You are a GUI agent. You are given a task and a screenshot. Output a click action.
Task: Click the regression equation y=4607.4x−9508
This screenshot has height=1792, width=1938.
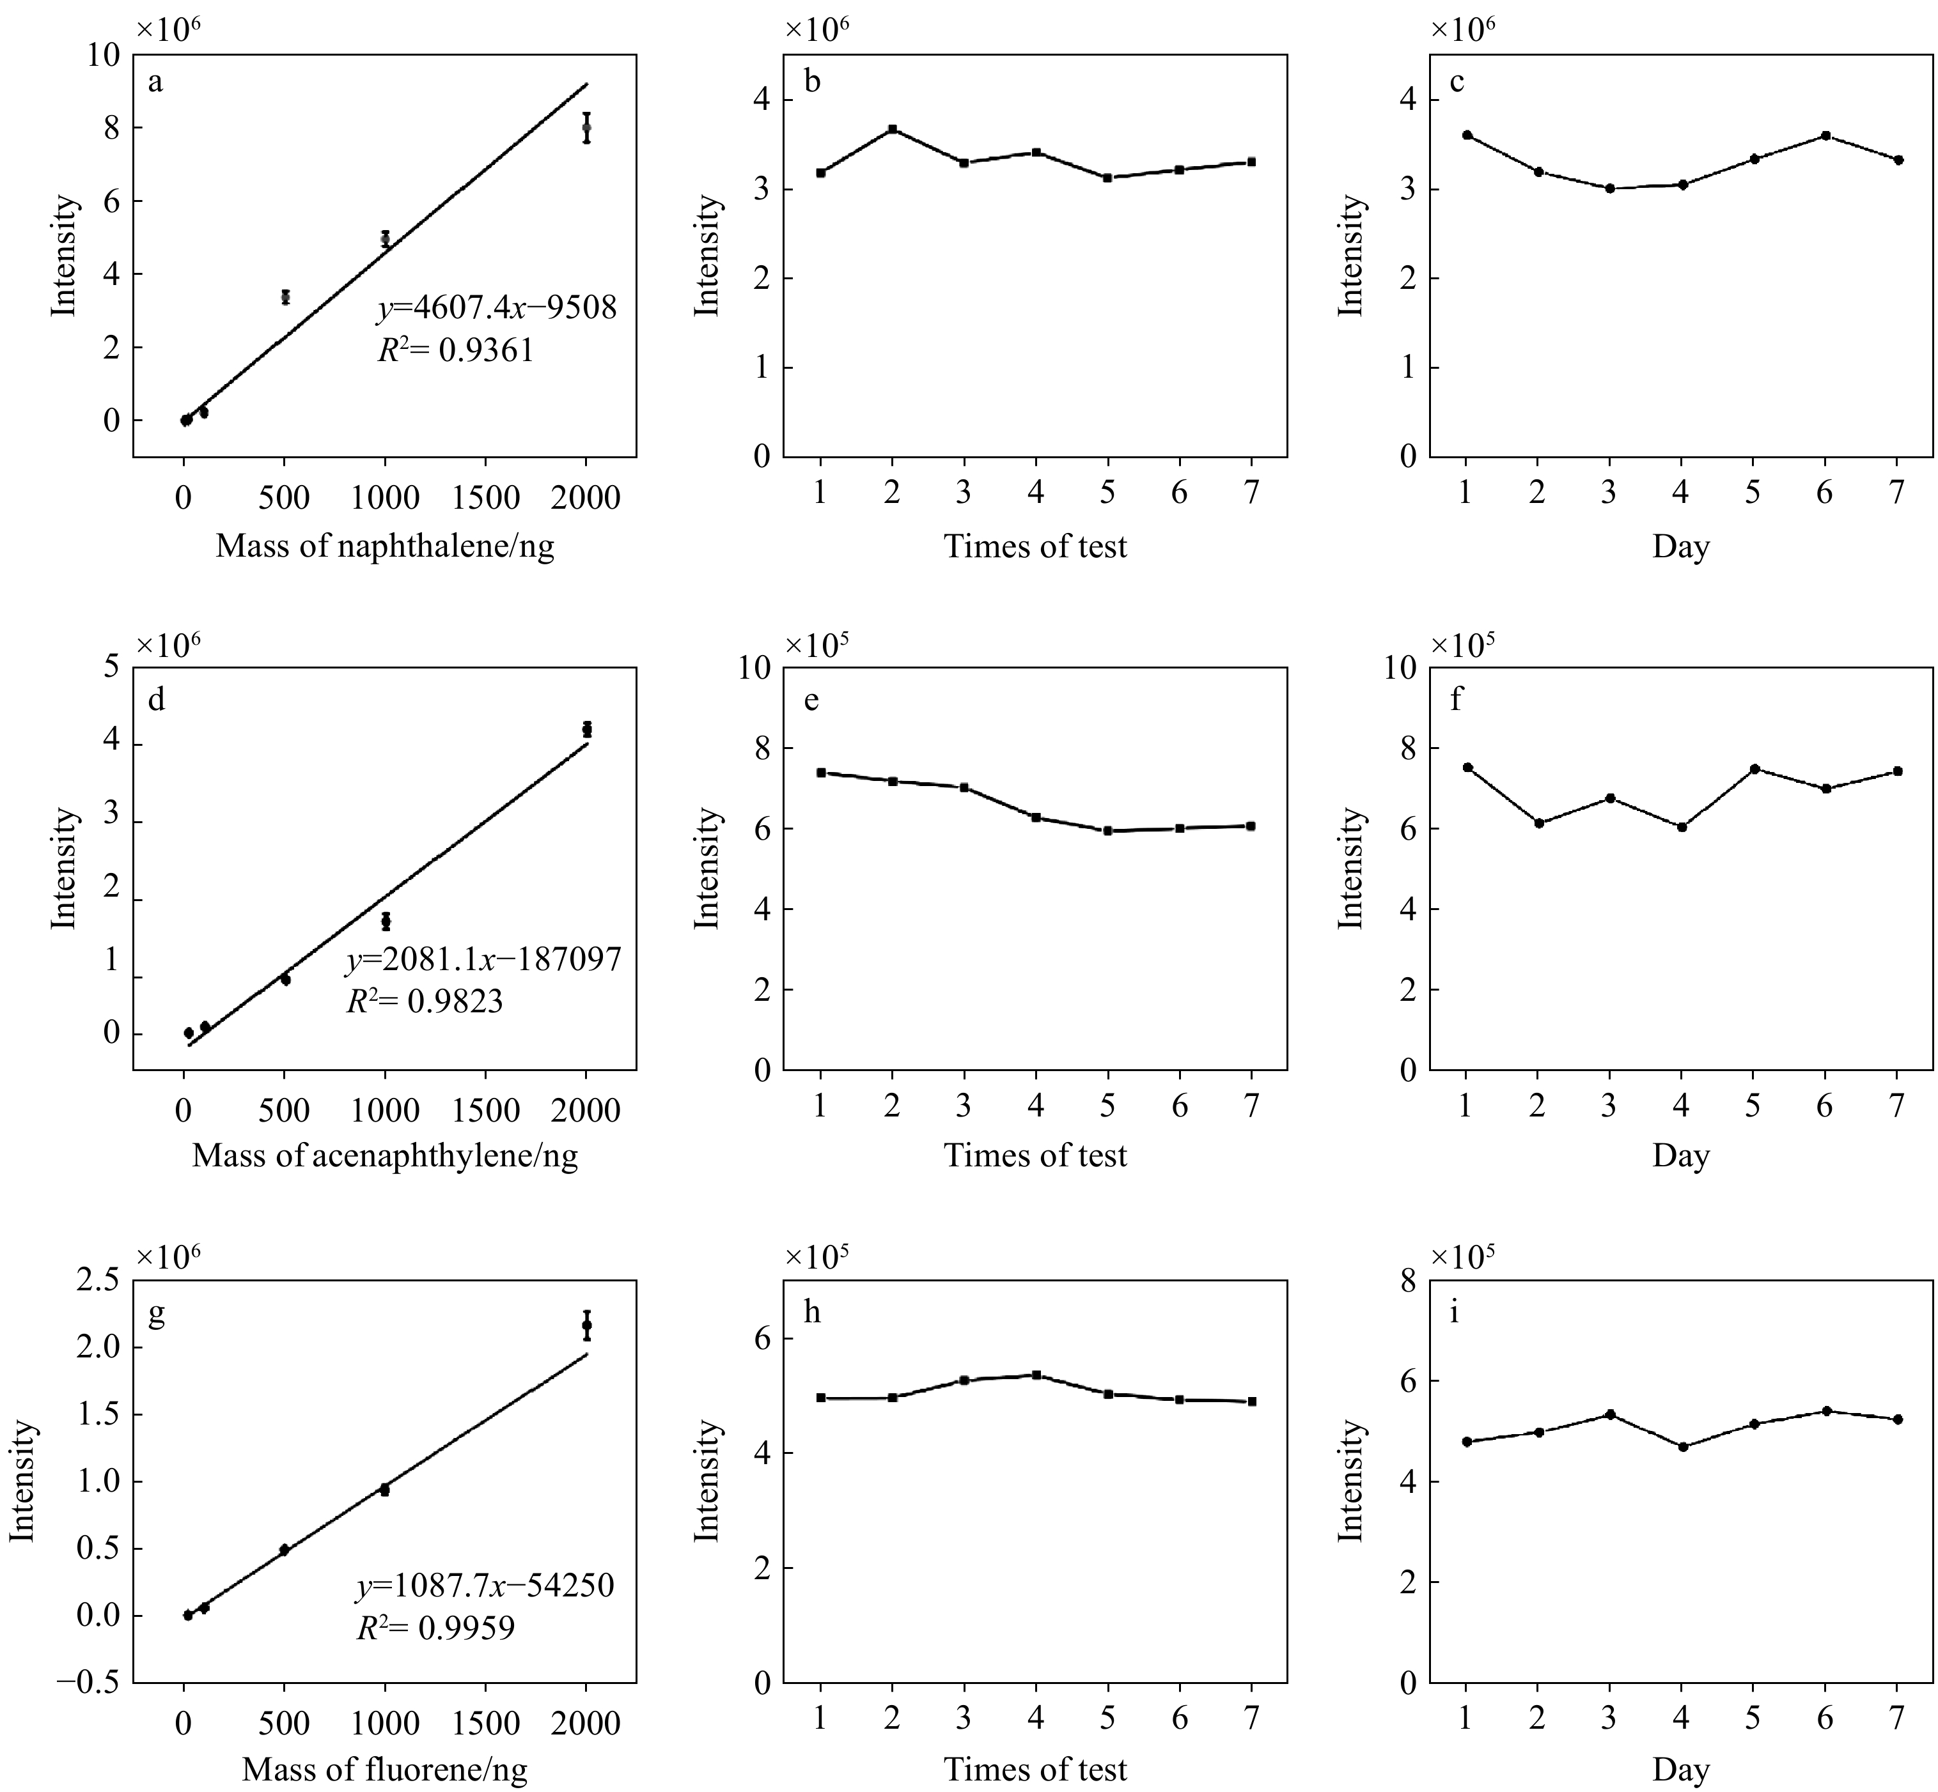pyautogui.click(x=497, y=309)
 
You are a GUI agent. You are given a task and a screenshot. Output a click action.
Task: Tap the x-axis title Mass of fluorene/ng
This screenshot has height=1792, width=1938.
pyautogui.click(x=384, y=1770)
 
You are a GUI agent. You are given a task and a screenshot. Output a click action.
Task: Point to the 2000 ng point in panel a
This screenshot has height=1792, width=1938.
pyautogui.click(x=586, y=127)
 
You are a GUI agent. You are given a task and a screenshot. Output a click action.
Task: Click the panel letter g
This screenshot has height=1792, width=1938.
pyautogui.click(x=155, y=1314)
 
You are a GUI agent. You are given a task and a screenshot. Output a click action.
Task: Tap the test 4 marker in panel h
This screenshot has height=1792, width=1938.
pyautogui.click(x=1036, y=1375)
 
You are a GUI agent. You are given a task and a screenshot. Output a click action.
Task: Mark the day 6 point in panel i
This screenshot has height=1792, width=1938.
pyautogui.click(x=1825, y=1411)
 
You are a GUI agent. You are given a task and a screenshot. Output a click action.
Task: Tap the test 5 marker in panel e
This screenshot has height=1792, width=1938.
pyautogui.click(x=1107, y=830)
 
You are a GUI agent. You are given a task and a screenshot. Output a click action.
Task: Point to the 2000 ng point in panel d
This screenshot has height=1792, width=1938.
pyautogui.click(x=586, y=729)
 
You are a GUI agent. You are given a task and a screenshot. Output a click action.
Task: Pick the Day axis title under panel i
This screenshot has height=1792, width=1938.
pyautogui.click(x=1680, y=1770)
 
